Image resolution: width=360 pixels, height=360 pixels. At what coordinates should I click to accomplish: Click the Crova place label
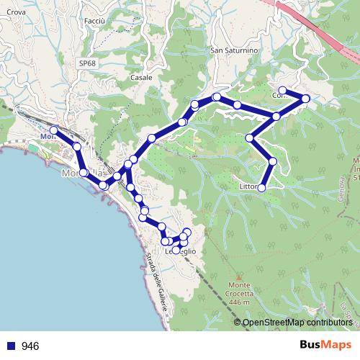pyautogui.click(x=16, y=12)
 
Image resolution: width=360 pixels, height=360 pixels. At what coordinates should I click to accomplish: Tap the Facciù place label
pyautogui.click(x=94, y=22)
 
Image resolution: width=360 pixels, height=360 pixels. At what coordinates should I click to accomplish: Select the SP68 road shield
pyautogui.click(x=87, y=63)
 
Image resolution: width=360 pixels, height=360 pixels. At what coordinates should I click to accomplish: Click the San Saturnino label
pyautogui.click(x=233, y=51)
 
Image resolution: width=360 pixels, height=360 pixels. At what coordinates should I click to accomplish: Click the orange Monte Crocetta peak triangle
pyautogui.click(x=238, y=276)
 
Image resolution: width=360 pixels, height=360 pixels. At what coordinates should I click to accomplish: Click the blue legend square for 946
pyautogui.click(x=11, y=346)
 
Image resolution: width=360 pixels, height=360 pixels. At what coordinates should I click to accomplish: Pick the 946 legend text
pyautogui.click(x=30, y=346)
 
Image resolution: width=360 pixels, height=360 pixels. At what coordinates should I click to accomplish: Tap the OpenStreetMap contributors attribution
pyautogui.click(x=297, y=322)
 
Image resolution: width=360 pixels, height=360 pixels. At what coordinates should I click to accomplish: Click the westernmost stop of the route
pyautogui.click(x=53, y=130)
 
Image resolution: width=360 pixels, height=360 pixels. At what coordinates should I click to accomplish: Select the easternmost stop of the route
pyautogui.click(x=306, y=99)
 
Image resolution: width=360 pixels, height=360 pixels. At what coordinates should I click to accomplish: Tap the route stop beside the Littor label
pyautogui.click(x=261, y=188)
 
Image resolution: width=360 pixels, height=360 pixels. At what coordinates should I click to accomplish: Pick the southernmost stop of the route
pyautogui.click(x=176, y=251)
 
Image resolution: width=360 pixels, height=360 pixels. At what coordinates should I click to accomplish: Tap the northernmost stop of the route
pyautogui.click(x=283, y=91)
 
